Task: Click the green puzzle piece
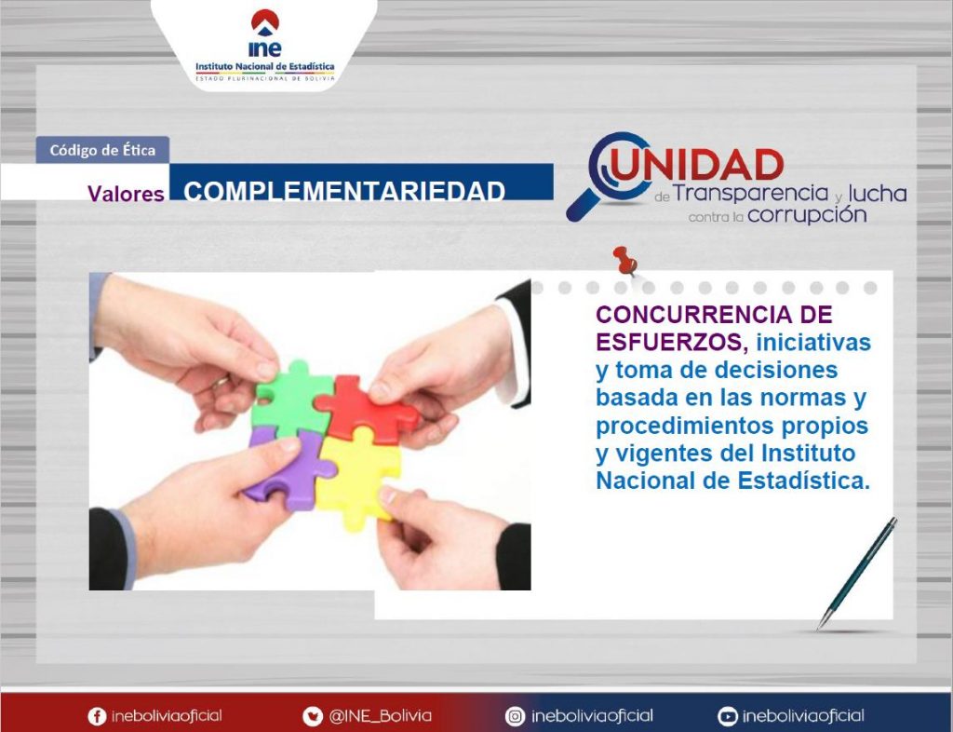[x=290, y=399]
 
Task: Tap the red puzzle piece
[x=365, y=407]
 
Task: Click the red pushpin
[x=624, y=260]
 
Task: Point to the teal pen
[x=857, y=574]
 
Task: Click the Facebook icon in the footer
[x=97, y=716]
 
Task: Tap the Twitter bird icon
[x=313, y=716]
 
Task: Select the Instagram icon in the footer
[x=515, y=716]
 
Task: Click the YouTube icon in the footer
[x=728, y=716]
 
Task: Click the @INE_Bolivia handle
[x=381, y=716]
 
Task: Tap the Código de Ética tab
[x=102, y=150]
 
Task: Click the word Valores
[x=126, y=194]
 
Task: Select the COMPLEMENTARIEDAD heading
[x=344, y=190]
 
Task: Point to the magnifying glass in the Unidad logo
[x=609, y=176]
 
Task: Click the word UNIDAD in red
[x=698, y=165]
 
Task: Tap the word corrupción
[x=807, y=215]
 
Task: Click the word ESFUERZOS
[x=671, y=343]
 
